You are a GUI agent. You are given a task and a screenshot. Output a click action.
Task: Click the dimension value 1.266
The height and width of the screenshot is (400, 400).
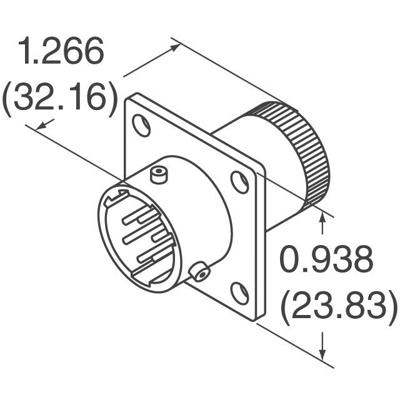pos(61,51)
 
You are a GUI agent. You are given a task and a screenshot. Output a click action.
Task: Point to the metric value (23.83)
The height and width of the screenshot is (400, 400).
pos(338,306)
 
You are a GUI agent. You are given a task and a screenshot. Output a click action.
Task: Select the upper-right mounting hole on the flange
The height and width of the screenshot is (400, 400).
pos(239,182)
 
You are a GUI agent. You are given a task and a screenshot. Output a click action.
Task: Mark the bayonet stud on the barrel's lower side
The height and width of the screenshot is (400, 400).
pos(200,273)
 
